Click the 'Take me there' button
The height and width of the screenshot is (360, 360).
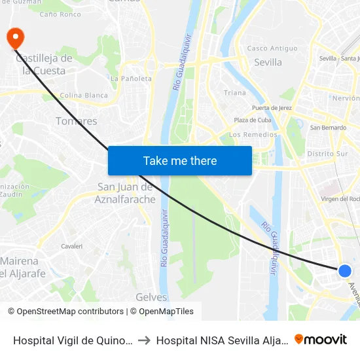tap(180, 160)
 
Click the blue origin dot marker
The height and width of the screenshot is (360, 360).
tap(345, 270)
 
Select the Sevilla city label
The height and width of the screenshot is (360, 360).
tap(267, 62)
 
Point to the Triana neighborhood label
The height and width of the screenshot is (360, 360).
tap(235, 93)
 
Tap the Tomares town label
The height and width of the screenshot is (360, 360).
tap(77, 121)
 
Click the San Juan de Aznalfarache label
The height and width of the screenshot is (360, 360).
tap(126, 193)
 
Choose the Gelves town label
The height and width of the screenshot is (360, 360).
tap(151, 297)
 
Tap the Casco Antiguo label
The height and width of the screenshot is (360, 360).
tap(272, 48)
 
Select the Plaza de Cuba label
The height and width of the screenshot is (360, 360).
tap(253, 120)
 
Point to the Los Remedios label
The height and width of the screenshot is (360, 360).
tap(253, 135)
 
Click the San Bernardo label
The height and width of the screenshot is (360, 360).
tap(328, 128)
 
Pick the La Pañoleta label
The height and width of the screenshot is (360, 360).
tap(131, 79)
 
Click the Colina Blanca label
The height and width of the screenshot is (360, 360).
tap(83, 96)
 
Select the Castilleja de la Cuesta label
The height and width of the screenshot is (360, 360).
tap(44, 64)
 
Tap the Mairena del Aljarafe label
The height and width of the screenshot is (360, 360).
tap(23, 267)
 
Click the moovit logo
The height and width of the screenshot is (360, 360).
tap(321, 339)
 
